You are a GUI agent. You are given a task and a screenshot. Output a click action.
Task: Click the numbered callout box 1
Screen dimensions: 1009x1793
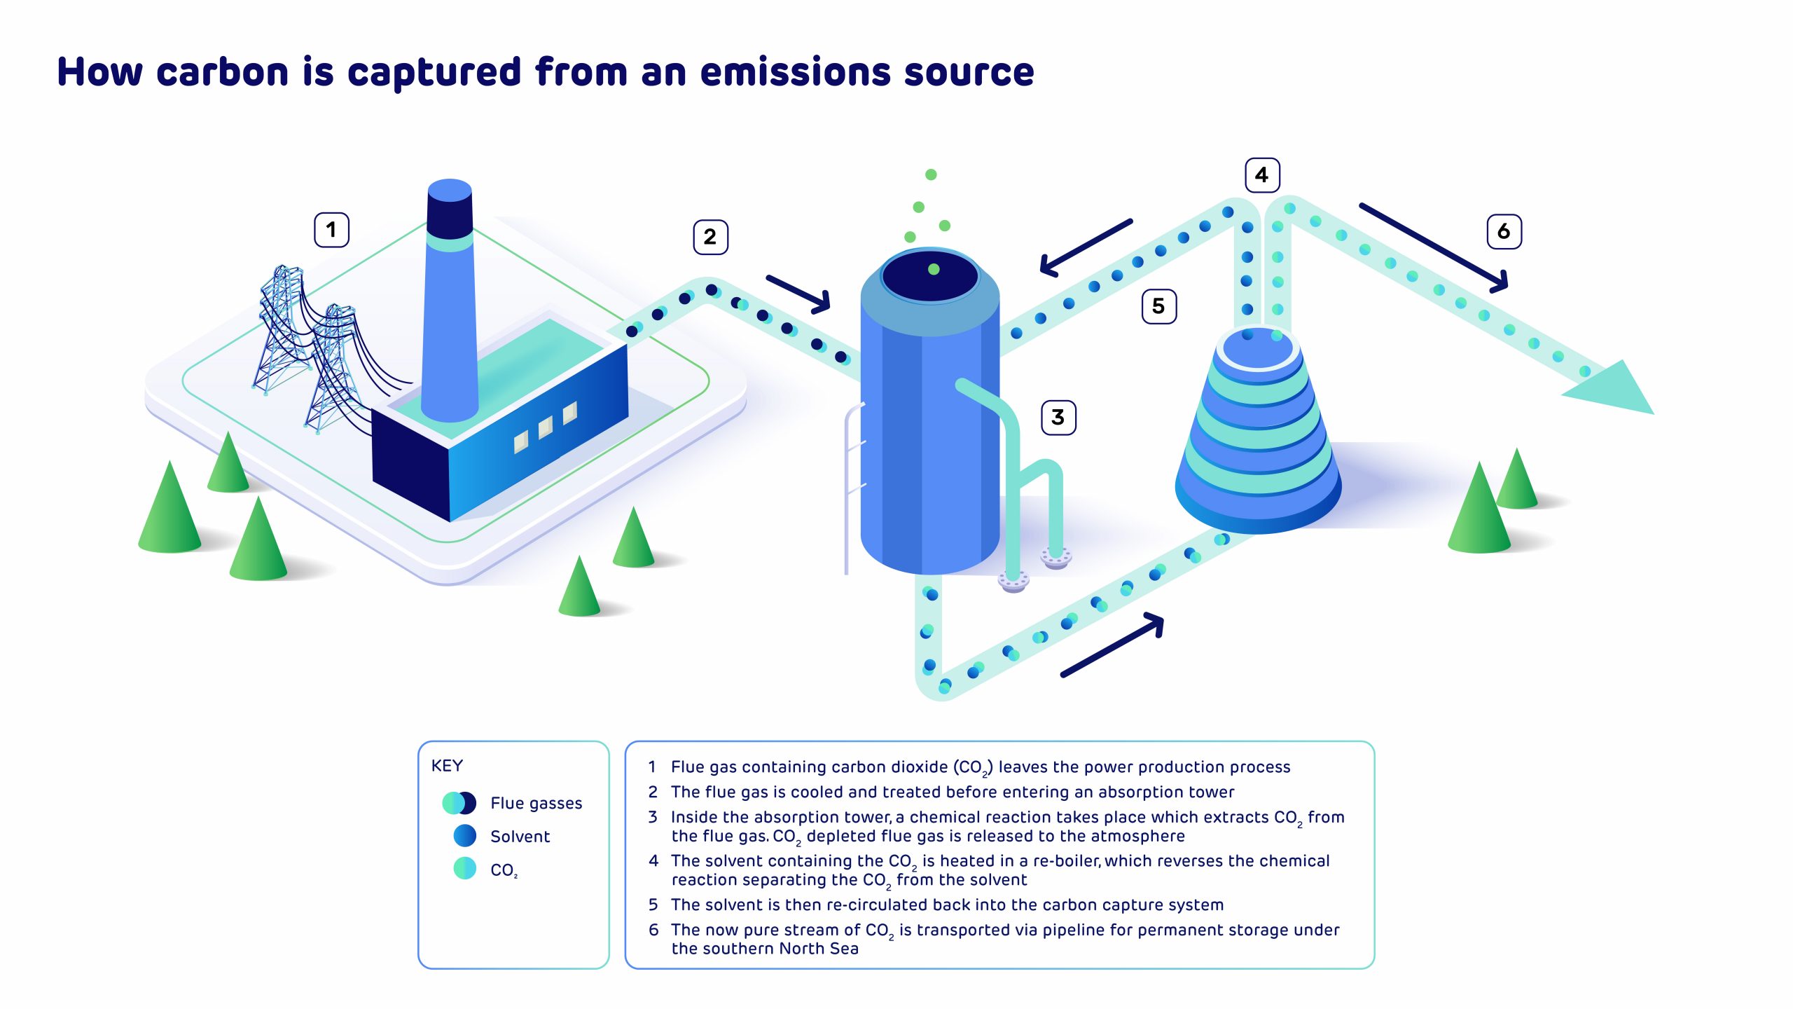click(x=331, y=230)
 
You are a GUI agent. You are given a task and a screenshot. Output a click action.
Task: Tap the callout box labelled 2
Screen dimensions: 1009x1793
click(x=710, y=237)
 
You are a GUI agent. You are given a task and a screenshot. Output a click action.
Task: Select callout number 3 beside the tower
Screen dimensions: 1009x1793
click(x=1058, y=418)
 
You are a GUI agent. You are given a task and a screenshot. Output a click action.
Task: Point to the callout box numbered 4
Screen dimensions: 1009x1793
click(x=1262, y=175)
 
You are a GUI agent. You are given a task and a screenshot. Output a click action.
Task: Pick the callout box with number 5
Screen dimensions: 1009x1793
click(x=1159, y=306)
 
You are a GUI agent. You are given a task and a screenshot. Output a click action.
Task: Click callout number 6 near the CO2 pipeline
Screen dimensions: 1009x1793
click(x=1504, y=231)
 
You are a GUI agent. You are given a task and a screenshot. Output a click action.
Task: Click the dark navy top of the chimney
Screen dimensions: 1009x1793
click(x=450, y=210)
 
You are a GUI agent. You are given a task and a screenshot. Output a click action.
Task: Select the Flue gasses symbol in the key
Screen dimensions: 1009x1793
click(x=459, y=803)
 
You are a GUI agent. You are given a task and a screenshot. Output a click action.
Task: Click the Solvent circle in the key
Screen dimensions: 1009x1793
click(x=465, y=836)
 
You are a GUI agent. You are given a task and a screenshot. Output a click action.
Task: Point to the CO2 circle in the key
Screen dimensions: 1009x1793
click(x=465, y=868)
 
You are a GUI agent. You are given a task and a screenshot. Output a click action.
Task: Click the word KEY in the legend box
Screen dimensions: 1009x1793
click(x=447, y=766)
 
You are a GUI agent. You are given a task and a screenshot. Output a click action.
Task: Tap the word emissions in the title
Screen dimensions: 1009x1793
click(x=794, y=72)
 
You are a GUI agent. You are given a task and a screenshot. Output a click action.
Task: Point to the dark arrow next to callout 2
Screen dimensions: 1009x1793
click(x=798, y=294)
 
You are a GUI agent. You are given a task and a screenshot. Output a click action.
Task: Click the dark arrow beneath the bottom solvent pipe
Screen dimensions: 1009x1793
click(x=1113, y=645)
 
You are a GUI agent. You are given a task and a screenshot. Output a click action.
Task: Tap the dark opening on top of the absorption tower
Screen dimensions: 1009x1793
click(x=930, y=275)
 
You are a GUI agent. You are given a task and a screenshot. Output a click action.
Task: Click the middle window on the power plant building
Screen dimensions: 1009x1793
click(x=545, y=427)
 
